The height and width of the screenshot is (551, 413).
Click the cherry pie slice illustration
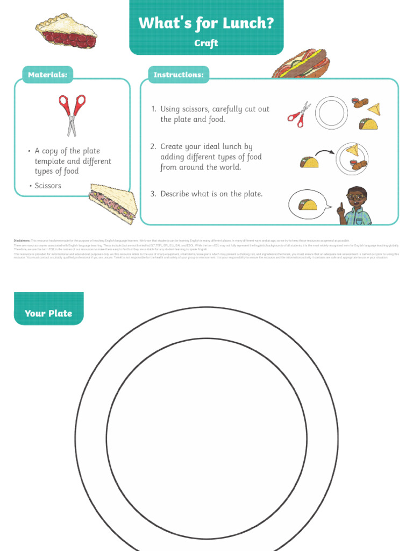(66, 31)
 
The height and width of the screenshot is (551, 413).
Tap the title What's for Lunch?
(206, 23)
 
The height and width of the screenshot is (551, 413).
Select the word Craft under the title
(206, 43)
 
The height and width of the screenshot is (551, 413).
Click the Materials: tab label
(47, 75)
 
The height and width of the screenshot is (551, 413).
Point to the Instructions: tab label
(179, 75)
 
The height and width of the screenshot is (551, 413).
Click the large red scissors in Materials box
(72, 114)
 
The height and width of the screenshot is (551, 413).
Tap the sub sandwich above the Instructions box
(301, 64)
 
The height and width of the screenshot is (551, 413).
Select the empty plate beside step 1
(331, 113)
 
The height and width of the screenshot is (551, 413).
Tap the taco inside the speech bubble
(308, 204)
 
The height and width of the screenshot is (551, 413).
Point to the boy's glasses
(355, 197)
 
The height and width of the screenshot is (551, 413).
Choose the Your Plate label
(48, 313)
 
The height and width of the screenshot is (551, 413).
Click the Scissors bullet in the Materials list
(48, 186)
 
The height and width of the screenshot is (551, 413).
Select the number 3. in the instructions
(153, 194)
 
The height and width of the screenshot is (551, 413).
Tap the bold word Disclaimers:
(22, 241)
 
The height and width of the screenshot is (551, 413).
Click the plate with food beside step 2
(352, 159)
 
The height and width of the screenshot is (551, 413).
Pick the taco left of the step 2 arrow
(309, 161)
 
